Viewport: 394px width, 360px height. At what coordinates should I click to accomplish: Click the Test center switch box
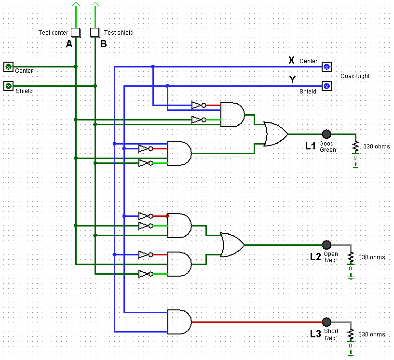[x=76, y=32]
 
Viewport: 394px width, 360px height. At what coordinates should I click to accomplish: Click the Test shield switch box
[x=95, y=32]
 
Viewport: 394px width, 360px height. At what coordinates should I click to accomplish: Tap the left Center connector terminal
[x=8, y=67]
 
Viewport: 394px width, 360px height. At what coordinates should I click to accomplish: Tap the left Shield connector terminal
[x=8, y=86]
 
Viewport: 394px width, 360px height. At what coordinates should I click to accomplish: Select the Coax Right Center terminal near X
[x=327, y=67]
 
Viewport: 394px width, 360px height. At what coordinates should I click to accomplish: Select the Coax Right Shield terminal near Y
[x=327, y=86]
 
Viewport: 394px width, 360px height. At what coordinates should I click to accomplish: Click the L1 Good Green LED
[x=326, y=134]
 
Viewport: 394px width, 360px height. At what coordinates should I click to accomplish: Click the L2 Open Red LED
[x=326, y=245]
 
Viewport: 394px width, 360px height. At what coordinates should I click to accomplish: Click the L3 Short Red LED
[x=326, y=322]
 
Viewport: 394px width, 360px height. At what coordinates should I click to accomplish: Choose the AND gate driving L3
[x=179, y=322]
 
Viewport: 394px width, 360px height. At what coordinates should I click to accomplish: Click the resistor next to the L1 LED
[x=355, y=146]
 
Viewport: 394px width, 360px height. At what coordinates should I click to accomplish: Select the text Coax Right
[x=355, y=76]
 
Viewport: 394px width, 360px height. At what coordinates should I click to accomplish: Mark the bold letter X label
[x=291, y=60]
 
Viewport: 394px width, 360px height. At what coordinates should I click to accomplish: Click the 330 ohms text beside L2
[x=371, y=257]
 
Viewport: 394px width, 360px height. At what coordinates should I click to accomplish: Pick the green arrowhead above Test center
[x=76, y=5]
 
